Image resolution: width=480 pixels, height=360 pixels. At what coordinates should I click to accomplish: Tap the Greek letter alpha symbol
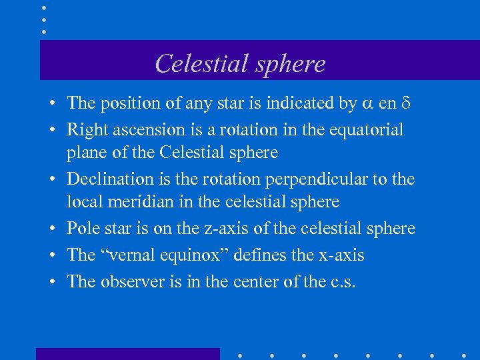tap(367, 104)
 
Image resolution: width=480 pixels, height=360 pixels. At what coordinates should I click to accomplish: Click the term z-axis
tap(222, 229)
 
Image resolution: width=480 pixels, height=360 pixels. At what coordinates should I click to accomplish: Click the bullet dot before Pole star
tap(51, 229)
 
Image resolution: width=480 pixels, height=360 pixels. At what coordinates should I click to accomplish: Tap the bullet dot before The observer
tap(51, 282)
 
